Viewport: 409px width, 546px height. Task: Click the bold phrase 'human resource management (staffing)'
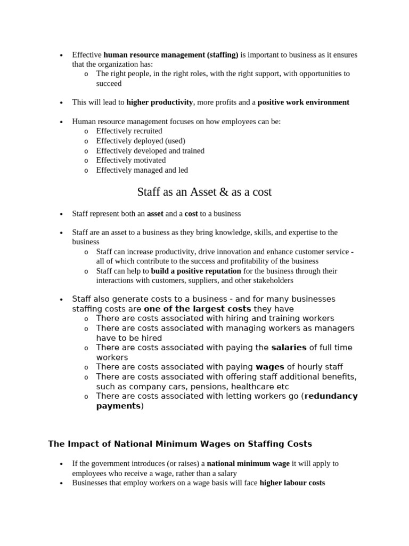pos(171,55)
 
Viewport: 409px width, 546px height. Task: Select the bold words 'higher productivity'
pos(160,102)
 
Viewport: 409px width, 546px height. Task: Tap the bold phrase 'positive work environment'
pos(304,102)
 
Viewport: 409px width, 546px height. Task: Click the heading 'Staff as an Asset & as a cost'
pos(204,192)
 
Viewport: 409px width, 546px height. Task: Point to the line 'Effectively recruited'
pos(129,131)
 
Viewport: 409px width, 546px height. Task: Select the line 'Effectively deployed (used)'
pos(141,141)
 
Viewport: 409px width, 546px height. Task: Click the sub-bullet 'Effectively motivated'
pos(131,160)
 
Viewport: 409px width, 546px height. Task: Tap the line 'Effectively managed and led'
pos(142,170)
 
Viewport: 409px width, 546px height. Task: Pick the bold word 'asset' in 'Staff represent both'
pos(155,214)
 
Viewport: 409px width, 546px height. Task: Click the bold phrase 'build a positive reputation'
pos(196,271)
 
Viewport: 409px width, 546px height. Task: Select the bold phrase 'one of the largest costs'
pos(197,309)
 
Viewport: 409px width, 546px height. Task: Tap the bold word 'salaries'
pos(289,348)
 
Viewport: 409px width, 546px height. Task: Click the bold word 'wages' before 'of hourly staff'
pos(270,367)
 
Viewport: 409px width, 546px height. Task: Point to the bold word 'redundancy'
pos(331,396)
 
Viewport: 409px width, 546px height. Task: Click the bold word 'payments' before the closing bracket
pos(118,406)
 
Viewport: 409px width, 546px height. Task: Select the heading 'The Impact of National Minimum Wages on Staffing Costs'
pos(180,444)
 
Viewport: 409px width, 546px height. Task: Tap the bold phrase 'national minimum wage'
pos(248,464)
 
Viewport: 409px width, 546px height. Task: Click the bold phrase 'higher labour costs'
pos(292,483)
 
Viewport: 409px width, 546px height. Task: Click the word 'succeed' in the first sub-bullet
pos(109,84)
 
